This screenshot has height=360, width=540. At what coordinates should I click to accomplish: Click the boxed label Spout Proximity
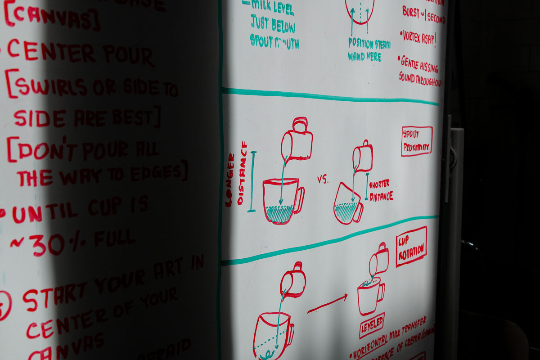pos(416,141)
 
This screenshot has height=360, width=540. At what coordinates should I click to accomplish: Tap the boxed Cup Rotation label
pos(411,247)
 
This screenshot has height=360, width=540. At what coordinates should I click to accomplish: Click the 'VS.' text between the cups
pos(323,180)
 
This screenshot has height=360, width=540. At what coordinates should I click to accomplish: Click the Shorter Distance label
pos(381,190)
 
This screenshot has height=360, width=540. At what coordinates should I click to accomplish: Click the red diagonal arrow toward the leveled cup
pos(327,303)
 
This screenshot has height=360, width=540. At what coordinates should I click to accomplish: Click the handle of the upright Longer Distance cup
pos(298,199)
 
